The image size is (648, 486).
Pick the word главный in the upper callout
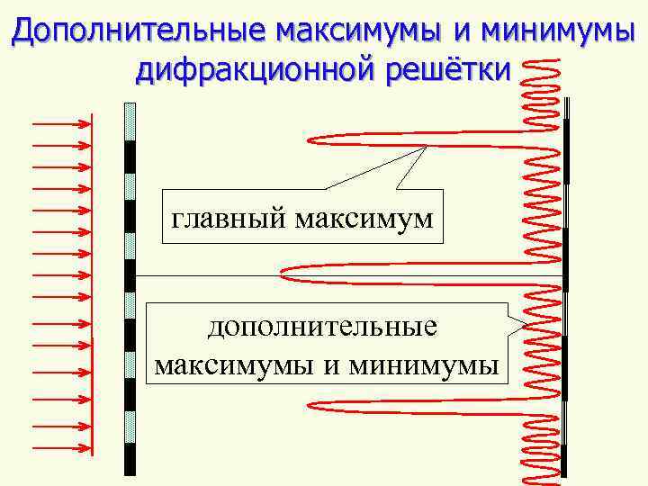pyautogui.click(x=225, y=217)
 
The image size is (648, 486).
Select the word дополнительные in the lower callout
pyautogui.click(x=322, y=327)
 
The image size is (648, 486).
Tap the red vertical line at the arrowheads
pyautogui.click(x=92, y=288)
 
